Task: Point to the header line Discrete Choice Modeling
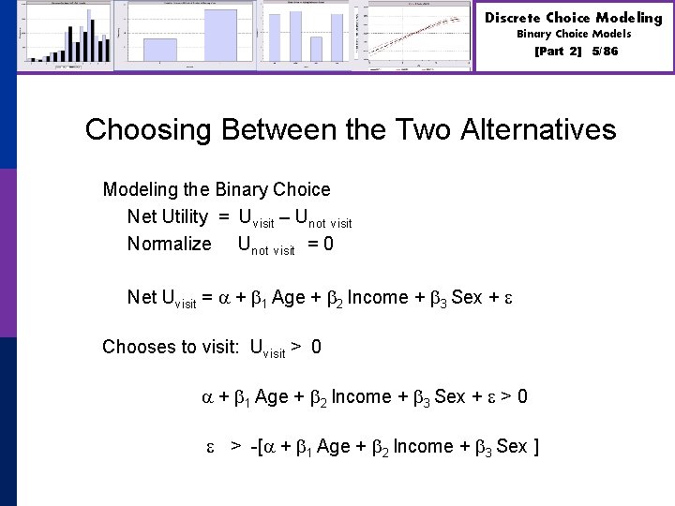tap(574, 18)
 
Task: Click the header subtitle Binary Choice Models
tap(574, 34)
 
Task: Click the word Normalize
tap(170, 244)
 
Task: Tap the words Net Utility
tap(168, 216)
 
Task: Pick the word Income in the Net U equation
tap(377, 297)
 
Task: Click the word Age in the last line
tap(334, 446)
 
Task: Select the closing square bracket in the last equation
tap(535, 446)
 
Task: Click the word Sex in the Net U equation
tap(466, 297)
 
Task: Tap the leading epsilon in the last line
tap(211, 447)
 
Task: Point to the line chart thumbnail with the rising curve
tap(420, 36)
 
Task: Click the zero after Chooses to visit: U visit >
tap(316, 347)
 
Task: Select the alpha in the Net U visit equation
tap(223, 298)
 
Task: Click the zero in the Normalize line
tap(327, 244)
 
